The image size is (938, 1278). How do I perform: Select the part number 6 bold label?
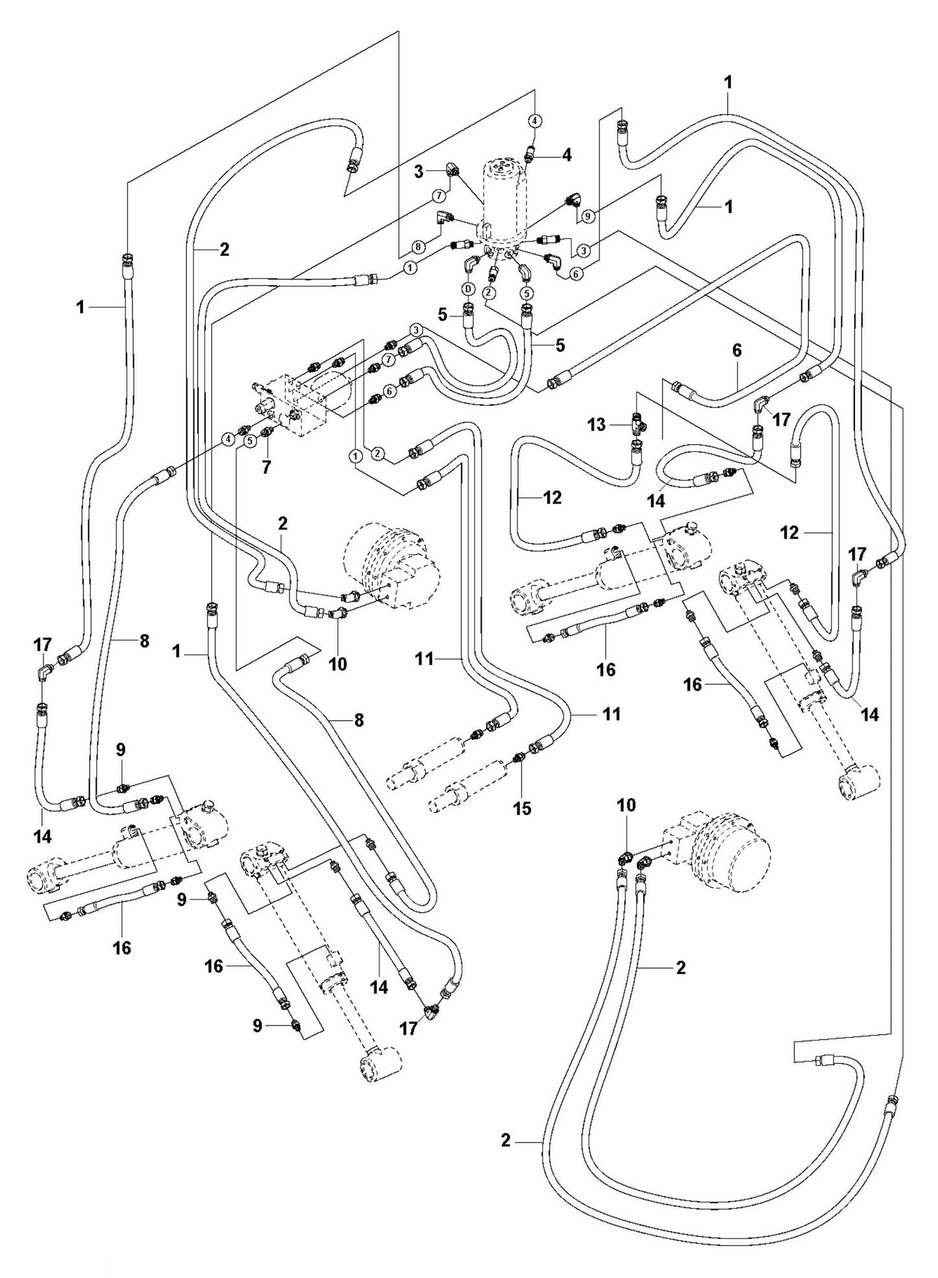736,350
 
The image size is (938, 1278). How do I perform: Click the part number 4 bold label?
567,155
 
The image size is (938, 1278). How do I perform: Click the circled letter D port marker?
467,288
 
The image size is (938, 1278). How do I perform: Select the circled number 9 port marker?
587,217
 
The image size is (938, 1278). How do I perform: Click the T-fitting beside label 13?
636,425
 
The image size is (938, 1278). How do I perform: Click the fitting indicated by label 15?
520,757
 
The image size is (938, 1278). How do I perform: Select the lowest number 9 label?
258,1026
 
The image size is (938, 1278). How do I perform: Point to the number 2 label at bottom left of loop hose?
506,1140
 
